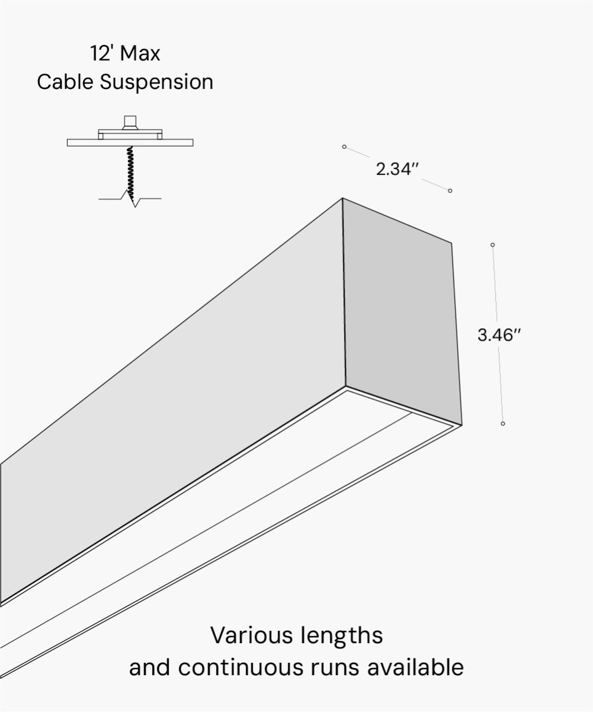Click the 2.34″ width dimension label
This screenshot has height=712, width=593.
pos(397,169)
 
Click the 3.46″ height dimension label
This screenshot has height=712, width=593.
pos(499,335)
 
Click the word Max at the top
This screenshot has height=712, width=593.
pos(141,54)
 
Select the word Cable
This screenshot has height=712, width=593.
pos(65,82)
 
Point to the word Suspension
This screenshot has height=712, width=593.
pos(157,82)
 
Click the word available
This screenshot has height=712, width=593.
pos(415,667)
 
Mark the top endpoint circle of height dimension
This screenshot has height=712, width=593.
pos(493,244)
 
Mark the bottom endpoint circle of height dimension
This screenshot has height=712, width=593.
pos(503,424)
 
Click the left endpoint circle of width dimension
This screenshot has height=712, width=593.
pos(344,147)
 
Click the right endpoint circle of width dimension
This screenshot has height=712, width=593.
pos(450,190)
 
